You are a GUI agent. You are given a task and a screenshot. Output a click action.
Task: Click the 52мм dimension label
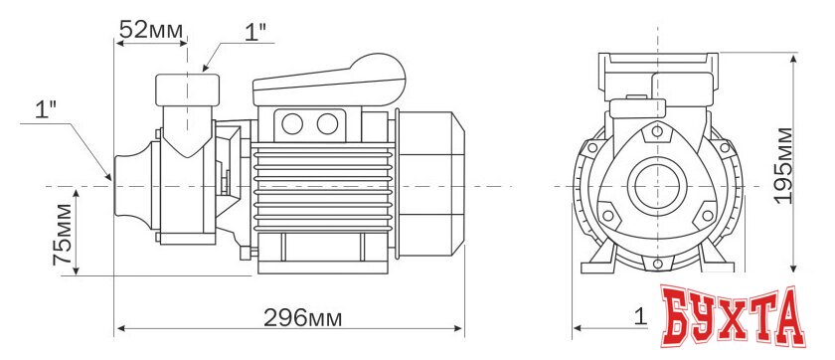tap(151, 29)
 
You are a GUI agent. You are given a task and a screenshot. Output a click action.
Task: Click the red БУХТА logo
tap(734, 318)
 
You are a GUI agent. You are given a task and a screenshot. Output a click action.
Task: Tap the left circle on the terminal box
tap(293, 123)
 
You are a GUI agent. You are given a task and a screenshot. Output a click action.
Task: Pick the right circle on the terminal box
tap(326, 123)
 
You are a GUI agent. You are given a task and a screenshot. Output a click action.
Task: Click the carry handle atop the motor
tap(333, 80)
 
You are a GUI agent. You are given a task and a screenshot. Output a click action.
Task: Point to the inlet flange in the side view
tap(130, 184)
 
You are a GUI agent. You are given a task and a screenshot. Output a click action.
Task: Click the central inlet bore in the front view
tap(654, 185)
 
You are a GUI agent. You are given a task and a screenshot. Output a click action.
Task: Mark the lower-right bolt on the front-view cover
tap(707, 212)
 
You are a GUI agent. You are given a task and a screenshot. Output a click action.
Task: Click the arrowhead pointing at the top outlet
tap(206, 68)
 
